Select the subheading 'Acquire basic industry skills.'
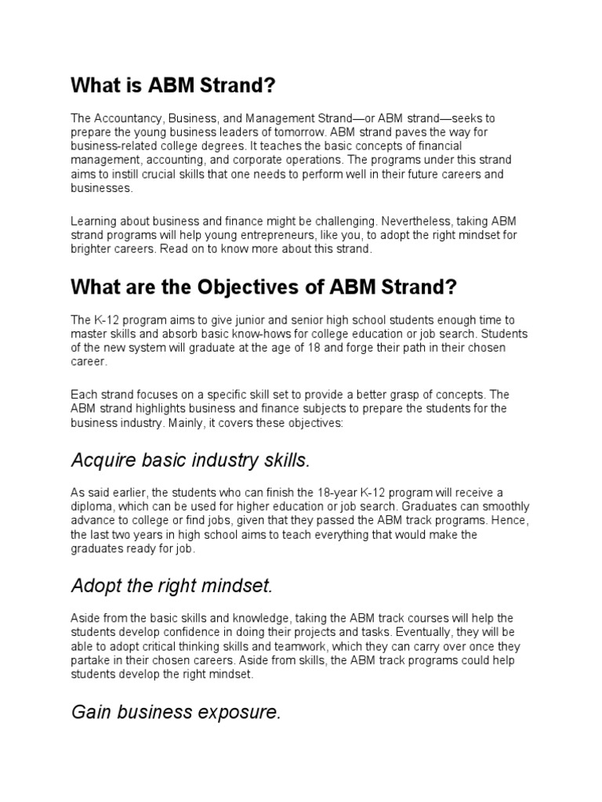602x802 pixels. tap(190, 460)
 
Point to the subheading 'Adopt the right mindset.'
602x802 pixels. tap(172, 585)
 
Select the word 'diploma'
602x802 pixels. tap(92, 506)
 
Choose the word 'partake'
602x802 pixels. tap(91, 659)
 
